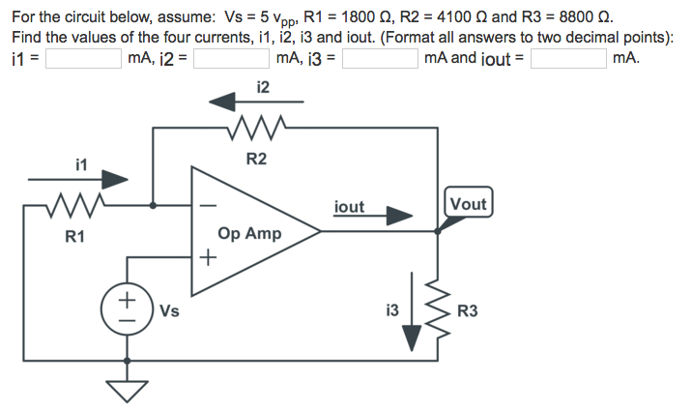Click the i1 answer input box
click(83, 59)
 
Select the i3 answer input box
click(380, 59)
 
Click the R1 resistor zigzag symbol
click(72, 205)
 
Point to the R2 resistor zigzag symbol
click(253, 127)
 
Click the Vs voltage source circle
click(125, 310)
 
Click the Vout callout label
click(468, 204)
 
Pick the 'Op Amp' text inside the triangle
click(249, 234)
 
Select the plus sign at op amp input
click(206, 258)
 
